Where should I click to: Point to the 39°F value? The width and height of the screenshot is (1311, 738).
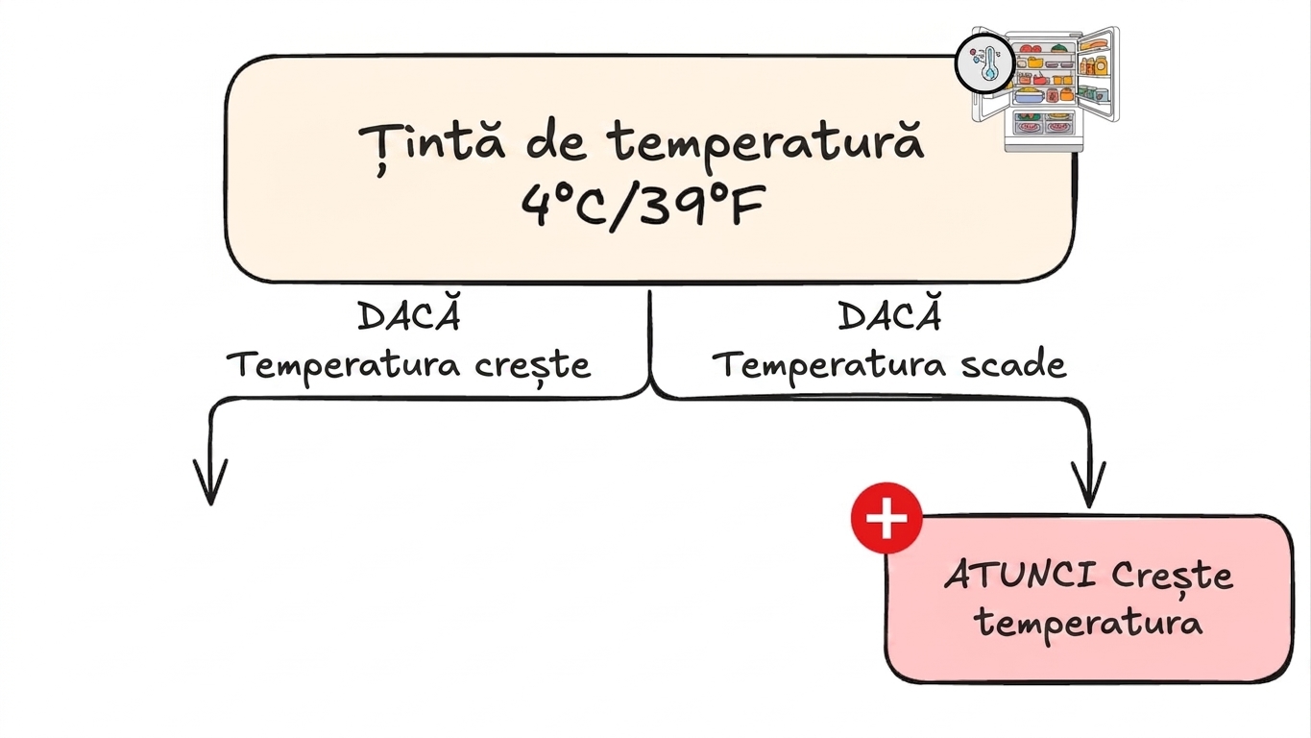(x=702, y=205)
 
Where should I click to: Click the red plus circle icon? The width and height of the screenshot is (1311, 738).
(x=886, y=518)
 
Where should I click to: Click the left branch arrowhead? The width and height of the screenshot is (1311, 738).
(x=210, y=481)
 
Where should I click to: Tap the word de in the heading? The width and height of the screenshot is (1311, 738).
(x=556, y=143)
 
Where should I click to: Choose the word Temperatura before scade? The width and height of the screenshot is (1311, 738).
(x=829, y=365)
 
